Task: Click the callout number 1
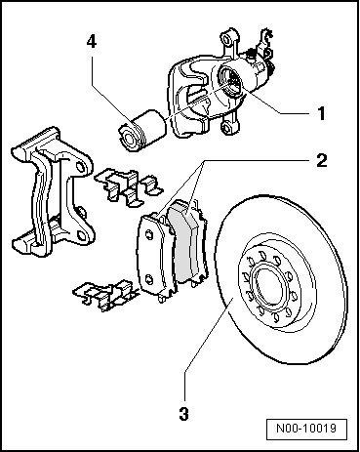321,113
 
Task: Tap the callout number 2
321,160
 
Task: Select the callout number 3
183,414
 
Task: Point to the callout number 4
92,42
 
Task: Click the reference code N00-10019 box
306,430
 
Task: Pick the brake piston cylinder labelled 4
141,131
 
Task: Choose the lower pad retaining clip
105,295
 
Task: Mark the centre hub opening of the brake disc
266,286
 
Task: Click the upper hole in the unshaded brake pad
149,235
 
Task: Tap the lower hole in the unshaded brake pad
149,279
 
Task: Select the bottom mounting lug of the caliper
228,127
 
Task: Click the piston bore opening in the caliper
229,80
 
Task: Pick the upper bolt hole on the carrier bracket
80,167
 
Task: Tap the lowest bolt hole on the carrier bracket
81,233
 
